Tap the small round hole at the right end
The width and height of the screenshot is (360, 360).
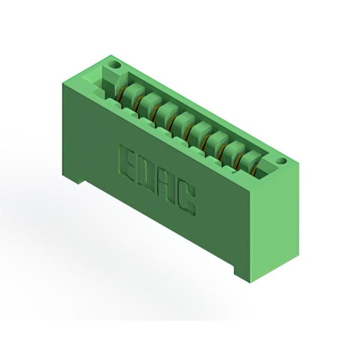pos(281,161)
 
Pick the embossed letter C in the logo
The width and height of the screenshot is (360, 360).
pos(186,199)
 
